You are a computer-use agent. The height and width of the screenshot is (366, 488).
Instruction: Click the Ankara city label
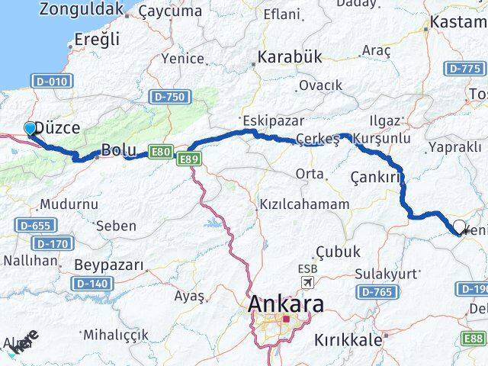[x=286, y=304]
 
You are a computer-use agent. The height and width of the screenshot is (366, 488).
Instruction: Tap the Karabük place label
[x=291, y=57]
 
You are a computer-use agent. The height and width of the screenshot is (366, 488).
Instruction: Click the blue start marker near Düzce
[x=30, y=128]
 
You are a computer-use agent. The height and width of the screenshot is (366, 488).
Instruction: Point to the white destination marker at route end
[x=459, y=226]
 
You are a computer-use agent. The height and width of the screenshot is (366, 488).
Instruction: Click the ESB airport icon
[x=308, y=284]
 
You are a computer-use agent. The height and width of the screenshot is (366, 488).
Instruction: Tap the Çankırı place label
[x=376, y=177]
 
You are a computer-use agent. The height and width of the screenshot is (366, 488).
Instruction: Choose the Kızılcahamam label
[x=303, y=204]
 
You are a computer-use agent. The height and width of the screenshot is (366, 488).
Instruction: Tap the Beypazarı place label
[x=110, y=265]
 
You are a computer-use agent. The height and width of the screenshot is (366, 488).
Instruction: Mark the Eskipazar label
[x=274, y=120]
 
